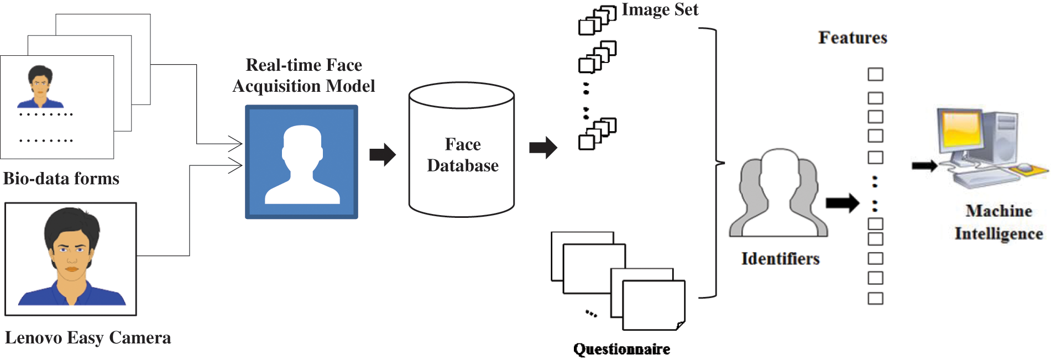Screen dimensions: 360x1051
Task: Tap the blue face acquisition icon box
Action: [x=301, y=162]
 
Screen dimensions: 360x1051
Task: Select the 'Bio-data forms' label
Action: [x=61, y=179]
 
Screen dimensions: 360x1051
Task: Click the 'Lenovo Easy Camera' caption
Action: [x=88, y=337]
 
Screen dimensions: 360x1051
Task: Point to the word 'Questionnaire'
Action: [x=621, y=349]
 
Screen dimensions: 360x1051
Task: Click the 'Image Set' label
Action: [x=660, y=9]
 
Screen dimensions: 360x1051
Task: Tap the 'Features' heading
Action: [x=853, y=38]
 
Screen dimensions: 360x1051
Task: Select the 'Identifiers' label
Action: [x=780, y=258]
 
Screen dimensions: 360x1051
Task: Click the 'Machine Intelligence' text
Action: [x=998, y=222]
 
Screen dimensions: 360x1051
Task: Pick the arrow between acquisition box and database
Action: [x=383, y=154]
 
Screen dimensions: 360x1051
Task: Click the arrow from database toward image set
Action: [x=543, y=148]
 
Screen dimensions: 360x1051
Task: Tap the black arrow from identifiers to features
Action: [x=843, y=203]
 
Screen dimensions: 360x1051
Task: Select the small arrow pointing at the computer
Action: [x=924, y=165]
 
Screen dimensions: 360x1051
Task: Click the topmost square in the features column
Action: [x=875, y=74]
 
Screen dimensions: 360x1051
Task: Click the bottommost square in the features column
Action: [x=875, y=299]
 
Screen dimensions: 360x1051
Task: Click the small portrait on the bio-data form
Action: [x=40, y=87]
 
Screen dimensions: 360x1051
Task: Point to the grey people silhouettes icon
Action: [x=778, y=194]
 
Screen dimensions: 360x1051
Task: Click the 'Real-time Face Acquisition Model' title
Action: [x=304, y=76]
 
